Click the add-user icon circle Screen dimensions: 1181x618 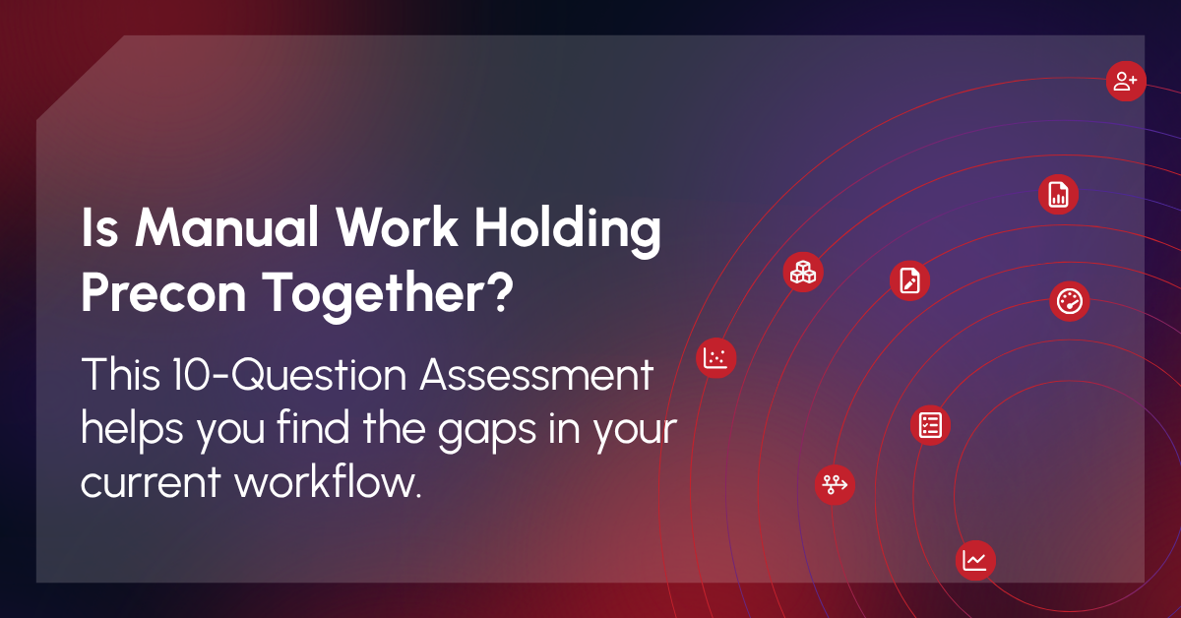1126,82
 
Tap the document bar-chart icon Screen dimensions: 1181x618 1058,195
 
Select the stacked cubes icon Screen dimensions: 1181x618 803,272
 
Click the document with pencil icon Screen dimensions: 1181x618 909,280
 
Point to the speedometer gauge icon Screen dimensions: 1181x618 1069,301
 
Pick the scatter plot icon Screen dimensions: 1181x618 716,358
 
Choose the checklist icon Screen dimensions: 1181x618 930,425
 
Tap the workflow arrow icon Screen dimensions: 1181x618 835,484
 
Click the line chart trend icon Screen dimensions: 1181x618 975,560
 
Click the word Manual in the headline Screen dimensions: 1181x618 227,227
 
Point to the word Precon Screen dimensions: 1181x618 163,293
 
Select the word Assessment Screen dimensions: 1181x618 536,374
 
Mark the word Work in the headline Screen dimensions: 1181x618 397,227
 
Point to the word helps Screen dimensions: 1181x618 132,431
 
